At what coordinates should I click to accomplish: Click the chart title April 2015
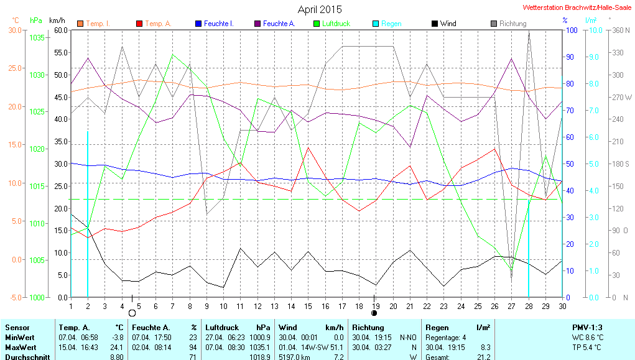[320, 9]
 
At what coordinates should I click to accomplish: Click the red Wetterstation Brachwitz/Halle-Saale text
[578, 9]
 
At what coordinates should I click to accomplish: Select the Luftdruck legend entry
[336, 24]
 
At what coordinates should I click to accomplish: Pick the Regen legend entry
[391, 24]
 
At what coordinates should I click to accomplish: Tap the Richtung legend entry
[512, 24]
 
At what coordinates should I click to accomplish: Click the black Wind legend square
[434, 24]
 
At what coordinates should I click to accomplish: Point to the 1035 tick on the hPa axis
[37, 38]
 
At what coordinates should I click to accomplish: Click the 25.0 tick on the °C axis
[14, 68]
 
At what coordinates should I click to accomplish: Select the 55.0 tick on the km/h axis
[61, 53]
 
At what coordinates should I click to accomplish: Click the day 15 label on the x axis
[307, 306]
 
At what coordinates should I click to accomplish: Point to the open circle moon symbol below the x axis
[132, 313]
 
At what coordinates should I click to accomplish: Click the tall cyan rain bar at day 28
[529, 249]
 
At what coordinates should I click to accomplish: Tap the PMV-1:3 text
[587, 327]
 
